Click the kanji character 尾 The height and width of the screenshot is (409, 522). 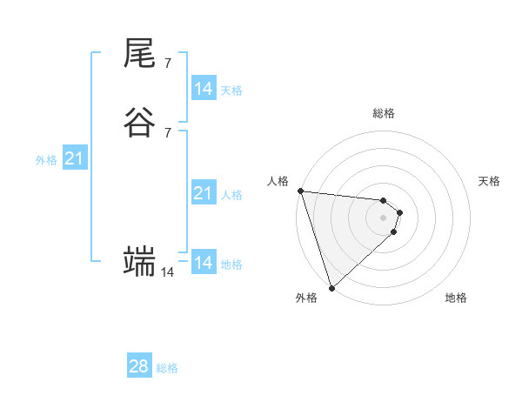coord(140,54)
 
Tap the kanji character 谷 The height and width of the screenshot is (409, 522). coord(140,123)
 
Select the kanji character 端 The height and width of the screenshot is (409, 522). coord(140,261)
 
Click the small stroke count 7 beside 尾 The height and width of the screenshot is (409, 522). coord(168,64)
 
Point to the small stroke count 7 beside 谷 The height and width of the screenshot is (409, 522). coord(168,132)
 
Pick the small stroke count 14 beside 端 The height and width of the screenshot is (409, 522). coord(167,272)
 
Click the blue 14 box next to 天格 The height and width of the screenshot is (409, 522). coord(203,88)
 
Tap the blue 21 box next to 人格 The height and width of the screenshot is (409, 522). coord(203,193)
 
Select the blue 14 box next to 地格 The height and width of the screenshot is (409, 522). coord(203,262)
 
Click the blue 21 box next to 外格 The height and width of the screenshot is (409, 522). coord(74,158)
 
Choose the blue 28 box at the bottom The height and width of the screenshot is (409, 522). coord(139,366)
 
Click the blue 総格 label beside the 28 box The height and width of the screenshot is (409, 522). coord(167,368)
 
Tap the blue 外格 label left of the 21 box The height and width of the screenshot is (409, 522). coord(46,160)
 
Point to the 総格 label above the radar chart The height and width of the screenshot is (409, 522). coord(383,114)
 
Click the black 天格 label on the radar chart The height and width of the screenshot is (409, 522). coord(489,181)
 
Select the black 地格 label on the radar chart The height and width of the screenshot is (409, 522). coord(456,298)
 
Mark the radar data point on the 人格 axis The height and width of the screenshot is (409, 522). coord(300,191)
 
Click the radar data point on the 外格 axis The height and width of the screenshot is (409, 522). coord(331,287)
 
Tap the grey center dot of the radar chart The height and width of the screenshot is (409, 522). coord(383,217)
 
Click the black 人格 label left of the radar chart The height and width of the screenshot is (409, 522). coord(278,181)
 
